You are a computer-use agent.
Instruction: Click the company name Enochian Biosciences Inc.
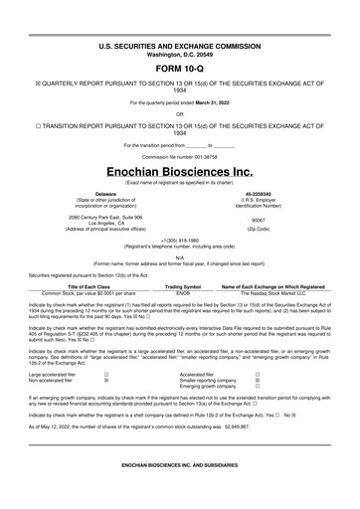(179, 171)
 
